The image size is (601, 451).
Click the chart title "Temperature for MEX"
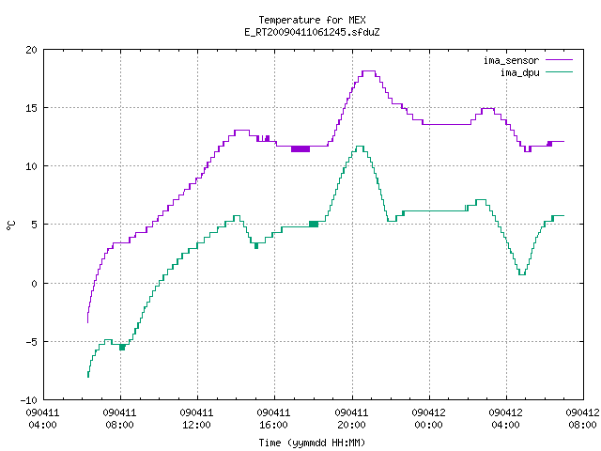[312, 20]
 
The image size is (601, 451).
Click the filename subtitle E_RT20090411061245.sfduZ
[312, 32]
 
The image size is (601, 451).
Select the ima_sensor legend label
[511, 60]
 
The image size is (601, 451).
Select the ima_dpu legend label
[519, 72]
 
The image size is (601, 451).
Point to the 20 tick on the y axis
[31, 50]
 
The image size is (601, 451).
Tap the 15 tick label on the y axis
[31, 108]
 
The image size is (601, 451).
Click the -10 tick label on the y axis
[29, 400]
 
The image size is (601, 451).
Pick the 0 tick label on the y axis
[35, 284]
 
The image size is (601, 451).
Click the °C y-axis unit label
[10, 225]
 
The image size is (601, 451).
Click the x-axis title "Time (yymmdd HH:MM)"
[312, 443]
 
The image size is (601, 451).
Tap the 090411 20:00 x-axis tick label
[351, 419]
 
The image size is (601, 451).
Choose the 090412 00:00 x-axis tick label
[428, 419]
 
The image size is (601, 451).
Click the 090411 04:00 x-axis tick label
[42, 419]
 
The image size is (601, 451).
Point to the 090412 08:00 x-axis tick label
[582, 419]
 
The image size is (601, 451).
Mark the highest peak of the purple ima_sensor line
[369, 71]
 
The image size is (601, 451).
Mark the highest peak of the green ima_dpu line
[360, 147]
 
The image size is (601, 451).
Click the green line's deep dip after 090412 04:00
[522, 274]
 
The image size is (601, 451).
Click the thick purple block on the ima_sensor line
[300, 148]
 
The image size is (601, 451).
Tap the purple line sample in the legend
[559, 60]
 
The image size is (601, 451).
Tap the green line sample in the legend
[559, 72]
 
